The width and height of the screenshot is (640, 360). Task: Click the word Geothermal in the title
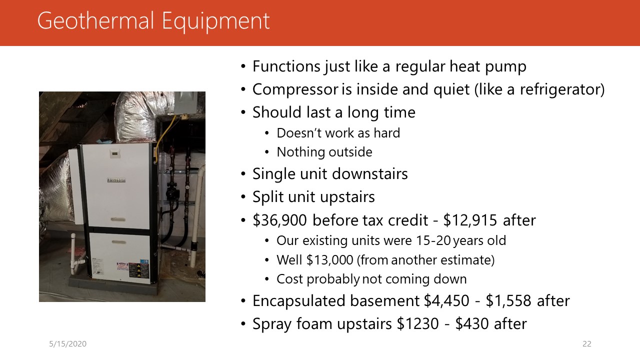click(x=95, y=21)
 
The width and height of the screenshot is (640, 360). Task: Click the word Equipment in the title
click(x=216, y=21)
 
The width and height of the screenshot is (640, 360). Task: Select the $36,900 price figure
click(x=279, y=220)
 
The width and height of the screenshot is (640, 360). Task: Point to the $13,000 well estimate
click(x=329, y=260)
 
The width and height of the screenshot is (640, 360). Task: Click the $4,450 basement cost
click(x=446, y=301)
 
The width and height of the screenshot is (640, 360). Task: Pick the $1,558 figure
click(x=508, y=301)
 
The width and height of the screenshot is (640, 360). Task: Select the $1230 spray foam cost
click(x=417, y=323)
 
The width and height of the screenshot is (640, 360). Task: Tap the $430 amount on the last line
click(x=472, y=323)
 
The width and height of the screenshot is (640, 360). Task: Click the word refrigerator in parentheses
click(x=559, y=89)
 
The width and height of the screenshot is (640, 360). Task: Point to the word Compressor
click(x=295, y=89)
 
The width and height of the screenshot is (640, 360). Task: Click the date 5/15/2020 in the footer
click(x=67, y=343)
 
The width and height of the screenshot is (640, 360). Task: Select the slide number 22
click(x=587, y=343)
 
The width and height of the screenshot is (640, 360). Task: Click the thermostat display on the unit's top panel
click(x=115, y=153)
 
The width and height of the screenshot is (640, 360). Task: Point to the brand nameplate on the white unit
click(x=116, y=180)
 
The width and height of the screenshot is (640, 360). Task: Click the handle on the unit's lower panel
click(x=119, y=242)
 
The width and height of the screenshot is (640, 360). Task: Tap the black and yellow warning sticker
click(x=134, y=270)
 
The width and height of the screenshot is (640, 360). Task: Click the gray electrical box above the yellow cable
click(x=185, y=103)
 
